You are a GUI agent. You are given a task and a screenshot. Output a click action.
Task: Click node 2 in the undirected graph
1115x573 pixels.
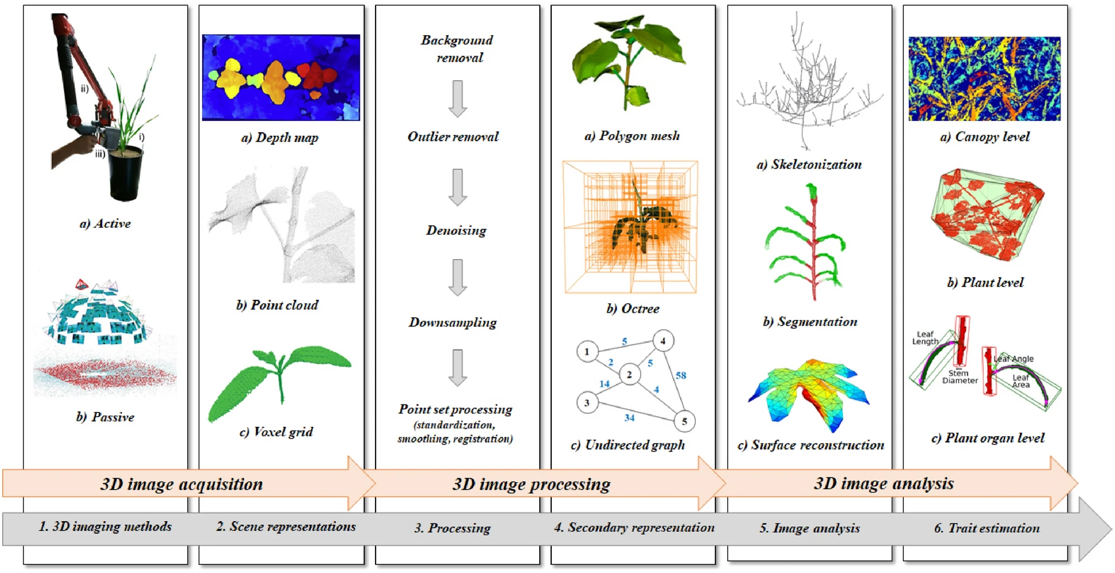coord(629,375)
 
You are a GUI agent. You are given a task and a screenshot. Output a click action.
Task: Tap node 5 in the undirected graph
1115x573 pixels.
coord(684,421)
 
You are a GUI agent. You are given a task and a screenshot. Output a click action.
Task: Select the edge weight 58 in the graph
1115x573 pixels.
coord(681,376)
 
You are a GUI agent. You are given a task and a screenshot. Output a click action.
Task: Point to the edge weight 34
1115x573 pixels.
coord(629,418)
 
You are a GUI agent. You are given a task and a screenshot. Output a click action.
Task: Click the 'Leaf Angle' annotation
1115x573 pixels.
coord(1014,359)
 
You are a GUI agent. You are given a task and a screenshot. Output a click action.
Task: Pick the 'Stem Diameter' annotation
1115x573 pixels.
coord(959,377)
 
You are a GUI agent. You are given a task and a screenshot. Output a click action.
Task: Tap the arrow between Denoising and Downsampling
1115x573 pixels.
coord(457,277)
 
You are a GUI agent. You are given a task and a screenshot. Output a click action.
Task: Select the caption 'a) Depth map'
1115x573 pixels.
coord(280,137)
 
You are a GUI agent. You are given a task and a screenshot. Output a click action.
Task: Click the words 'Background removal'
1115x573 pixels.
coord(457,49)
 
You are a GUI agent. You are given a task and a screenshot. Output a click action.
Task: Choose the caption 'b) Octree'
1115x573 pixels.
coord(632,309)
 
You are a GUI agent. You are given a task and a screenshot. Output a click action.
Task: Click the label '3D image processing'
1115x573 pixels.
coord(531,484)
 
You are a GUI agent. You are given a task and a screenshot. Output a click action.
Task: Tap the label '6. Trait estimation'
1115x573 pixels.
coord(987,528)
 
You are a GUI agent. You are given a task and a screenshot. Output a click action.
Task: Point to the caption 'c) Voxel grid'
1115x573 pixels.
coord(276,432)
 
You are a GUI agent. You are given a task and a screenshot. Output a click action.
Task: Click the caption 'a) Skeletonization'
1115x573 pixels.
coord(809,165)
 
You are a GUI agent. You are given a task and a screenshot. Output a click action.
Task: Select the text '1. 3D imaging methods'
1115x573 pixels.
coord(105,526)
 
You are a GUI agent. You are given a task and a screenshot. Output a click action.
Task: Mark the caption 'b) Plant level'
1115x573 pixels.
coord(985,282)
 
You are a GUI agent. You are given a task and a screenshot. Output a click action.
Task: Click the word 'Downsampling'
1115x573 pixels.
coord(453,323)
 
